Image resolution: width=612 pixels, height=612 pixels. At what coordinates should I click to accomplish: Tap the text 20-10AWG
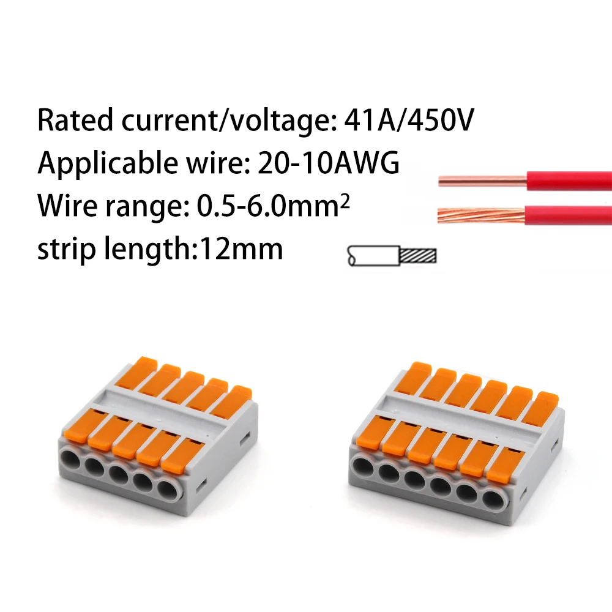click(x=331, y=163)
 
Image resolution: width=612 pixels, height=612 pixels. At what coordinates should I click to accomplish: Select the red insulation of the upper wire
click(x=569, y=181)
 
